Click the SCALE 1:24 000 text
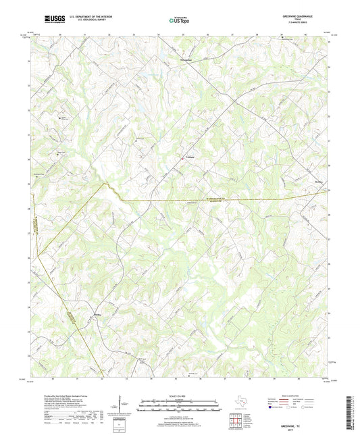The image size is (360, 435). [x=180, y=396]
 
